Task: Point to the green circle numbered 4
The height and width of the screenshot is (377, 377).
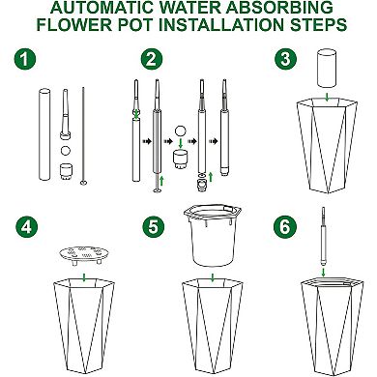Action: tap(26, 228)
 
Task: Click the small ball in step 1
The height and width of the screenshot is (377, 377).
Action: tap(65, 152)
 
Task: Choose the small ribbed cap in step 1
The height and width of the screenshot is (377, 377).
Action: tap(65, 171)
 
